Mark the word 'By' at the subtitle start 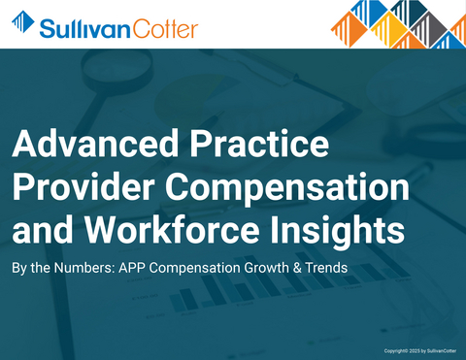(19, 266)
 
